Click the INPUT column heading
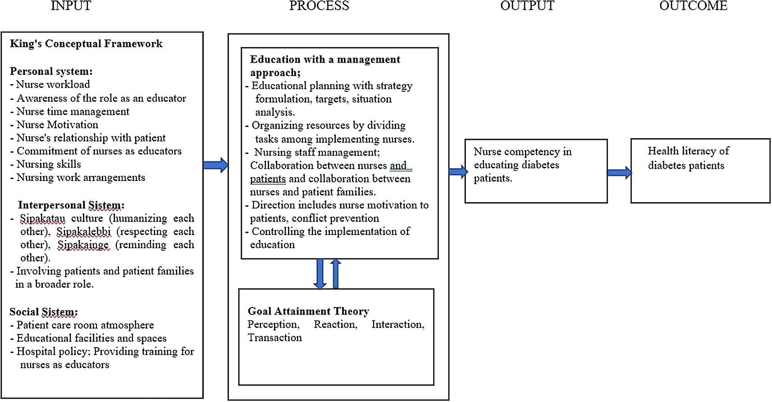pyautogui.click(x=71, y=5)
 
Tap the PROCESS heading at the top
pyautogui.click(x=319, y=5)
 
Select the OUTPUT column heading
pyautogui.click(x=527, y=5)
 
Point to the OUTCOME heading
pyautogui.click(x=694, y=5)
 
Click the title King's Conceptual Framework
pyautogui.click(x=86, y=44)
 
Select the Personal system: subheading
pyautogui.click(x=51, y=71)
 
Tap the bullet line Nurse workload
pyautogui.click(x=50, y=84)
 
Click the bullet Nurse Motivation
pyautogui.click(x=55, y=125)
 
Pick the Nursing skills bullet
pyautogui.click(x=46, y=164)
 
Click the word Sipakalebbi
pyautogui.click(x=84, y=232)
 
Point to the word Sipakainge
pyautogui.click(x=83, y=245)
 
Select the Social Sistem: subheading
pyautogui.click(x=44, y=312)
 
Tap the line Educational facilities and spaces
pyautogui.click(x=89, y=339)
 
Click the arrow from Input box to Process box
pyautogui.click(x=216, y=165)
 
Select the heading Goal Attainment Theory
pyautogui.click(x=308, y=311)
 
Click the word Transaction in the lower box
pyautogui.click(x=274, y=338)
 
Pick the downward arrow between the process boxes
pyautogui.click(x=320, y=274)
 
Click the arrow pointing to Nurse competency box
pyautogui.click(x=458, y=172)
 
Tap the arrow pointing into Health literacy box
pyautogui.click(x=620, y=172)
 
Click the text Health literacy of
pyautogui.click(x=688, y=151)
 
